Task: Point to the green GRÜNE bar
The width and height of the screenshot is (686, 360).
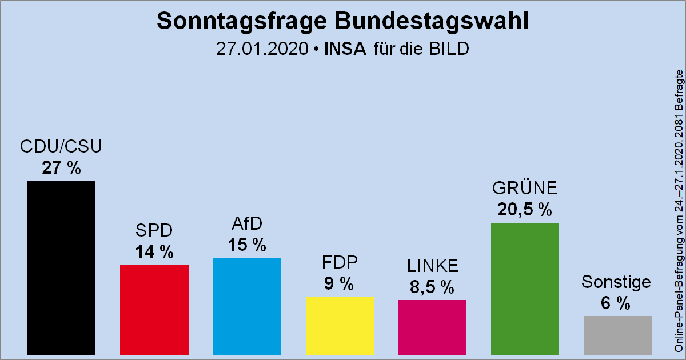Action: [525, 289]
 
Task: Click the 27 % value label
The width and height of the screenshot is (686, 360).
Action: [61, 168]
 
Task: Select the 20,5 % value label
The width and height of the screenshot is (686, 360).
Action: [525, 210]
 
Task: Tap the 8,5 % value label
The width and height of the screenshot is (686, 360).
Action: [432, 287]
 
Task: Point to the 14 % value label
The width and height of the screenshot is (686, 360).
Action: [154, 252]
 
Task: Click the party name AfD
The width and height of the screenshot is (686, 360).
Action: [246, 225]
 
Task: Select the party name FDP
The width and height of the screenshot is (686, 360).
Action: [340, 263]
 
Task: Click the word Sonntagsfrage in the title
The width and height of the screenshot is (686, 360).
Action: [233, 21]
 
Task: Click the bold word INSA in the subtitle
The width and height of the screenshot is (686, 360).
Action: [345, 49]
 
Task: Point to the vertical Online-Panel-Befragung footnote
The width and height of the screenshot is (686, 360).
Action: [679, 211]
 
